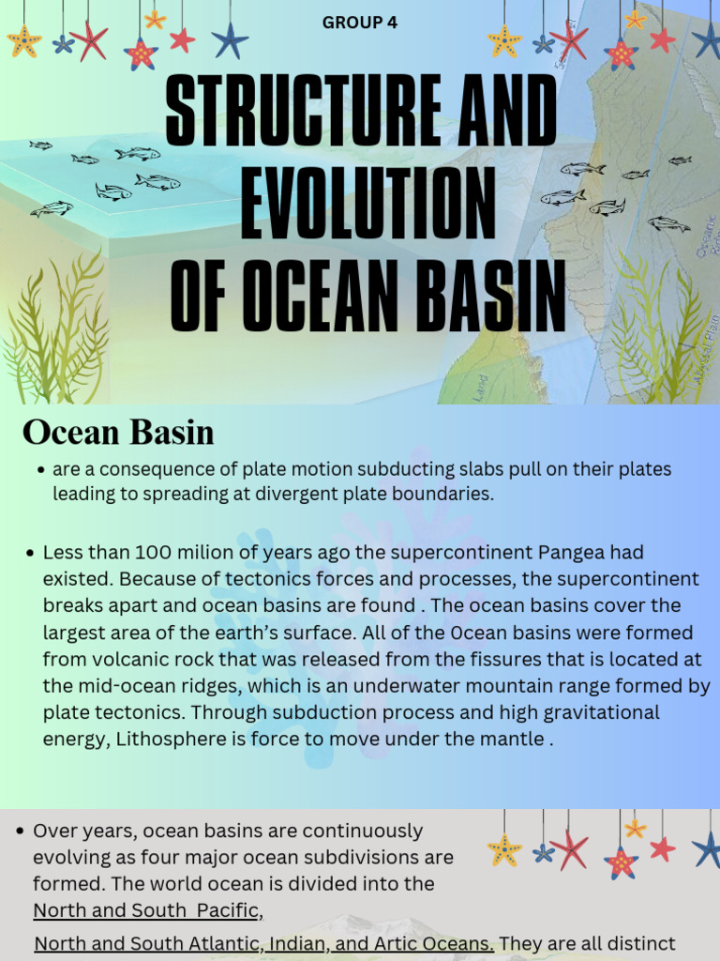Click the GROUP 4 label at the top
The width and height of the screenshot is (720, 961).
(360, 23)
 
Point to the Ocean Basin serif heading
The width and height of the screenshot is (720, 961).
(118, 433)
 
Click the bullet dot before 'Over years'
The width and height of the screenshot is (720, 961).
(20, 831)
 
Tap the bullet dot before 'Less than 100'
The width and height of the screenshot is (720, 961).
(30, 553)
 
